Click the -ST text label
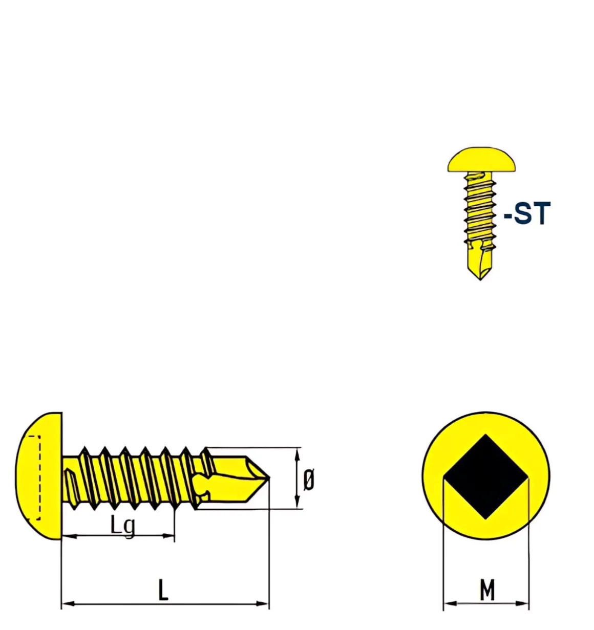526,213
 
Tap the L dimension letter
163,590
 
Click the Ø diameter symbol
309,480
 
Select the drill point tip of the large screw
269,477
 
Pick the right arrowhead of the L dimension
262,604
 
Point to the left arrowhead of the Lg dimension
69,536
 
